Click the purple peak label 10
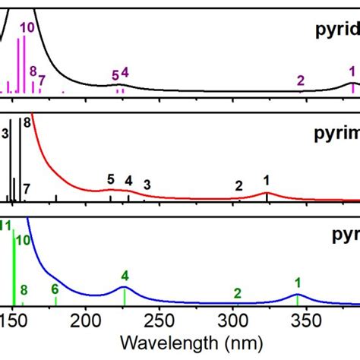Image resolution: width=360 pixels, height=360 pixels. coord(27,28)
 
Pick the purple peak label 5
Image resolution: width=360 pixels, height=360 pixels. coord(115,75)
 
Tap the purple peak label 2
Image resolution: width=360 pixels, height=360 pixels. coord(301,80)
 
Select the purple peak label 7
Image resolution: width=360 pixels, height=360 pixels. coord(42,79)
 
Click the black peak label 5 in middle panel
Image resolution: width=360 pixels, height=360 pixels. coord(110,179)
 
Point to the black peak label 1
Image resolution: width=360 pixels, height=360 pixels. coord(267,180)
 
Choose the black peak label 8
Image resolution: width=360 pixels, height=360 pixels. coord(27,122)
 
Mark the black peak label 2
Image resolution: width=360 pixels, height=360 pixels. coord(238,185)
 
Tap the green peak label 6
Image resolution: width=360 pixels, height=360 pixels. coord(55,289)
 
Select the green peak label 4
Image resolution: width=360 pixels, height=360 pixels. coord(125,275)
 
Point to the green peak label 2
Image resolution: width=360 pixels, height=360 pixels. coord(237,293)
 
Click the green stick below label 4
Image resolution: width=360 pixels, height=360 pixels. coord(125,296)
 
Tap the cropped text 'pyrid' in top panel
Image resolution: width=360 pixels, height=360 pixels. coord(337,31)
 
